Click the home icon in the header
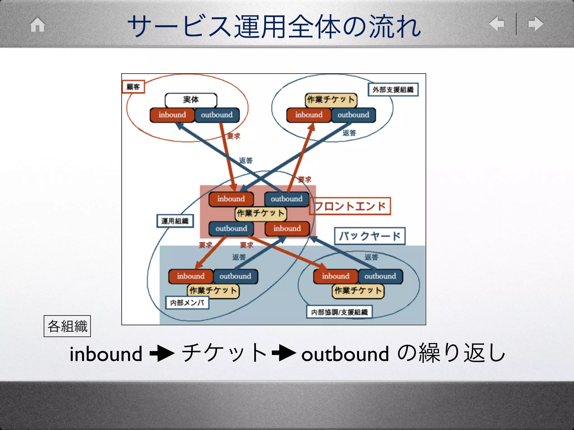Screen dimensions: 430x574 [x=38, y=25]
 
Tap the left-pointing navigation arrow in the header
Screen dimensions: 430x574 [x=496, y=24]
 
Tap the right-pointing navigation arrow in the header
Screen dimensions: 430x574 [x=536, y=24]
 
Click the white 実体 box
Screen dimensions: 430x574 [x=191, y=100]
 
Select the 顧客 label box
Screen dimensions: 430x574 [x=133, y=87]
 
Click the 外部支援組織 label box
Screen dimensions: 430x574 [x=393, y=90]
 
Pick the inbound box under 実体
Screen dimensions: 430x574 [x=172, y=115]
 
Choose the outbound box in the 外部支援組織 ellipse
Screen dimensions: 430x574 [x=353, y=115]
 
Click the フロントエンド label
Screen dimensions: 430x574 [x=350, y=206]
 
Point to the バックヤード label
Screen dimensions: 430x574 [x=370, y=236]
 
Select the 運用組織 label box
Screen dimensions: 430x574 [x=175, y=221]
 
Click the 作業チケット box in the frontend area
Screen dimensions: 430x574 [x=261, y=213]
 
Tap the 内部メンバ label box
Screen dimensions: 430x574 [x=187, y=303]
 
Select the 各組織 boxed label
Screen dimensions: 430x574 [x=67, y=326]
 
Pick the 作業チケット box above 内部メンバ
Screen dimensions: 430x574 [x=213, y=291]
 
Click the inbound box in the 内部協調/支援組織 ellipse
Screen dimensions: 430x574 [x=335, y=276]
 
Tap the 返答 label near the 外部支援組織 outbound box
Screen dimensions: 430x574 [x=349, y=133]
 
